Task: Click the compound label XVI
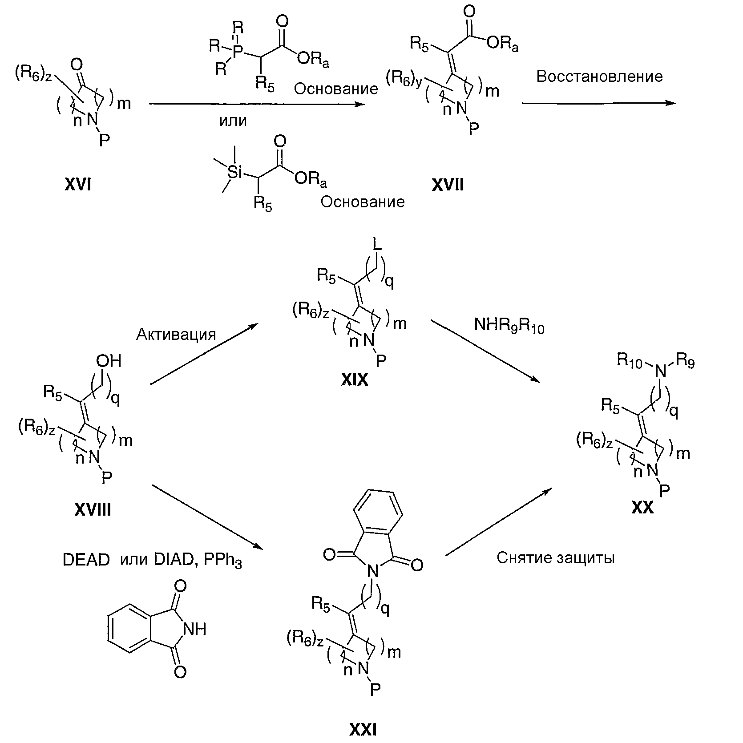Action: point(78,184)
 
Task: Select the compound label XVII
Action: point(448,184)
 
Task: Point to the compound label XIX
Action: point(355,380)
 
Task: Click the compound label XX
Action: point(642,508)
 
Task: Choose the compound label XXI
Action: point(363,730)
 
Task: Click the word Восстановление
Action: point(599,77)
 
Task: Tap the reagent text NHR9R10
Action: point(509,326)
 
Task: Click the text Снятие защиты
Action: point(555,557)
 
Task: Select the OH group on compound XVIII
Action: point(109,361)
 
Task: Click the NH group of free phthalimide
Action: point(194,629)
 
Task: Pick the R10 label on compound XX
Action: point(630,361)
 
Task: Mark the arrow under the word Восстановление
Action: point(598,103)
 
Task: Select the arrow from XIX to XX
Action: point(485,351)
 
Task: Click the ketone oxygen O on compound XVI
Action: point(76,65)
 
